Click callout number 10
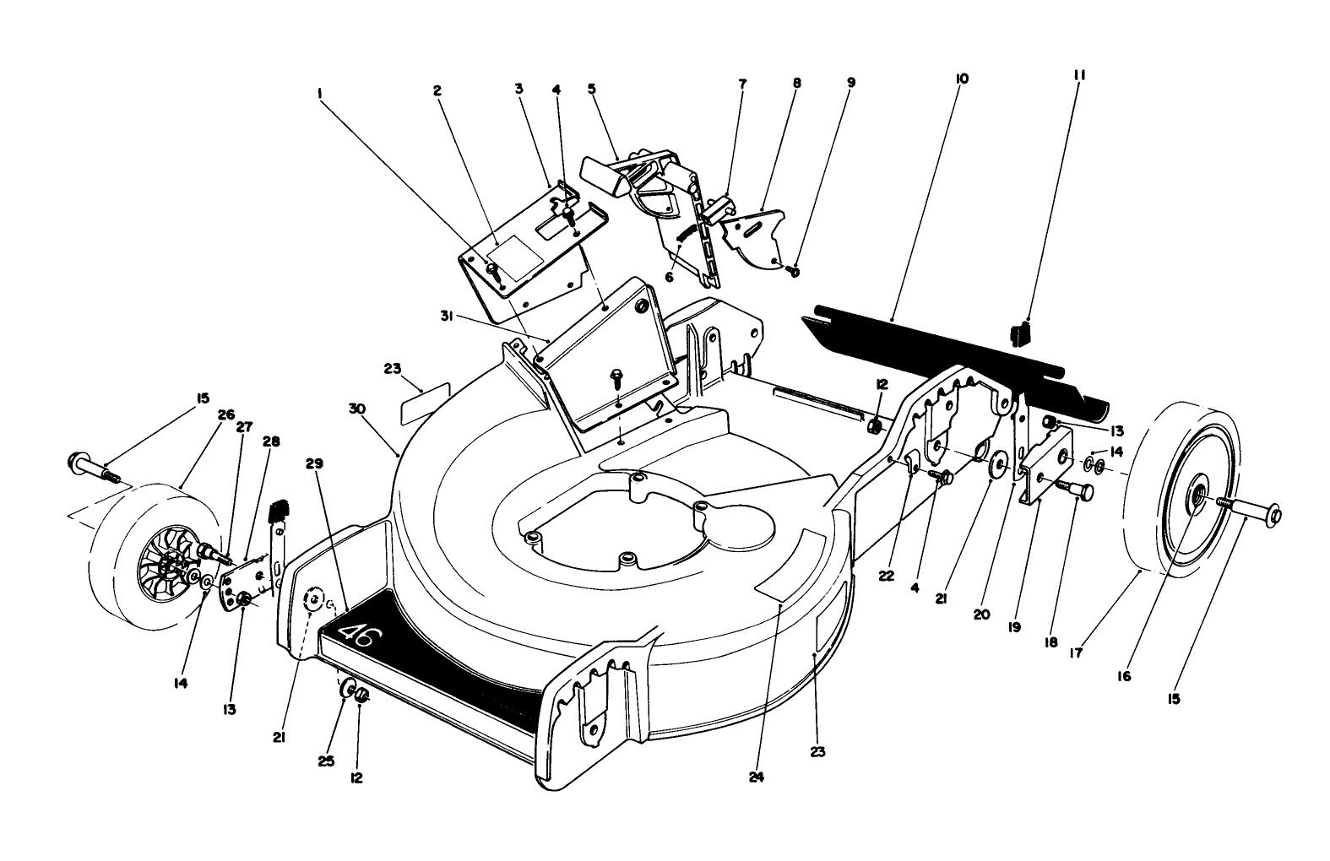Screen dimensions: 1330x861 [x=962, y=79]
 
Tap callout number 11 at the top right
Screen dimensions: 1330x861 [x=1079, y=76]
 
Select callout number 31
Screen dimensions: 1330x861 [x=447, y=317]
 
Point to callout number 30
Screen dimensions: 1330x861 [x=357, y=409]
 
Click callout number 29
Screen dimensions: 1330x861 [x=315, y=463]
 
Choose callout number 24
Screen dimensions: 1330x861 [x=757, y=777]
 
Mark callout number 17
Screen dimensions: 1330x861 [x=1076, y=653]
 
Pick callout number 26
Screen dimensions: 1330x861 [x=226, y=414]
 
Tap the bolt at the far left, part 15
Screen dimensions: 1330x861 [x=95, y=468]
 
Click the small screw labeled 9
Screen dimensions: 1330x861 [x=793, y=271]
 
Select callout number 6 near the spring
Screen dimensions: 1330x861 [x=669, y=277]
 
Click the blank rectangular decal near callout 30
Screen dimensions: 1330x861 [x=426, y=403]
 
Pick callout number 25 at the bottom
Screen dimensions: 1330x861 [x=327, y=761]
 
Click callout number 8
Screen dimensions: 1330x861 [x=797, y=83]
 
